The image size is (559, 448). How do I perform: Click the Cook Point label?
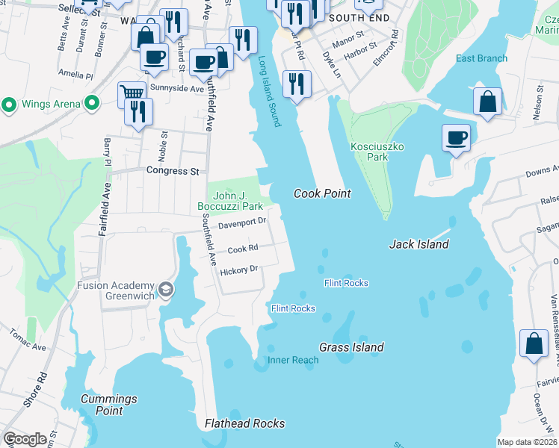pyautogui.click(x=322, y=193)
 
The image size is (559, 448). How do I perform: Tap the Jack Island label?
pyautogui.click(x=419, y=244)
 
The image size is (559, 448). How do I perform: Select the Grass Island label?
pyautogui.click(x=351, y=347)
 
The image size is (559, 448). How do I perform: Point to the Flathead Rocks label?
pyautogui.click(x=244, y=423)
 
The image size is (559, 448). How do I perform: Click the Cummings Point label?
pyautogui.click(x=102, y=405)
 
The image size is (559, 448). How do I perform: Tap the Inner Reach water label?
pyautogui.click(x=293, y=360)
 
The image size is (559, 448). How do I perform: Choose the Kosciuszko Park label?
pyautogui.click(x=377, y=152)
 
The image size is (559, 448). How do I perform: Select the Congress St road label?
pyautogui.click(x=173, y=171)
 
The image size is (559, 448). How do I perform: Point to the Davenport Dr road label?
pyautogui.click(x=242, y=223)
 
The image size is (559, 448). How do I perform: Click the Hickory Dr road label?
pyautogui.click(x=238, y=270)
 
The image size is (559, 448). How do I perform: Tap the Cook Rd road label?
pyautogui.click(x=243, y=248)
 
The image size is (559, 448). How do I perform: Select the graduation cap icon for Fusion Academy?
pyautogui.click(x=165, y=289)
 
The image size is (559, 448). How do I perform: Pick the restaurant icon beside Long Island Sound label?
pyautogui.click(x=297, y=82)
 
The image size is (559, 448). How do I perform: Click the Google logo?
pyautogui.click(x=25, y=439)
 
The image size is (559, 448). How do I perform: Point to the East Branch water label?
pyautogui.click(x=481, y=59)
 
